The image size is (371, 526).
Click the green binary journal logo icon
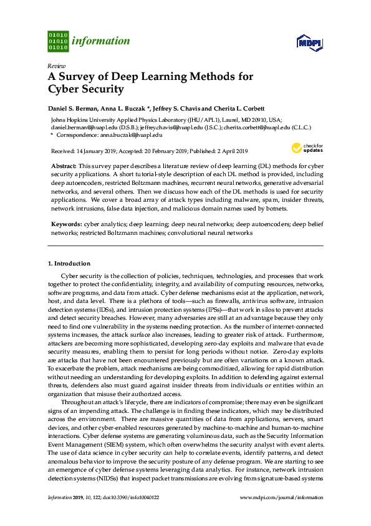(x=57, y=41)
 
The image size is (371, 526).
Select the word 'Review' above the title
(x=55, y=66)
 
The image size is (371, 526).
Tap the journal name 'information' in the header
(x=100, y=41)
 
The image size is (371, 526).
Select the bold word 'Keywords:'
(x=66, y=223)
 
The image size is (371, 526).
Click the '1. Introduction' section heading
(x=69, y=264)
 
